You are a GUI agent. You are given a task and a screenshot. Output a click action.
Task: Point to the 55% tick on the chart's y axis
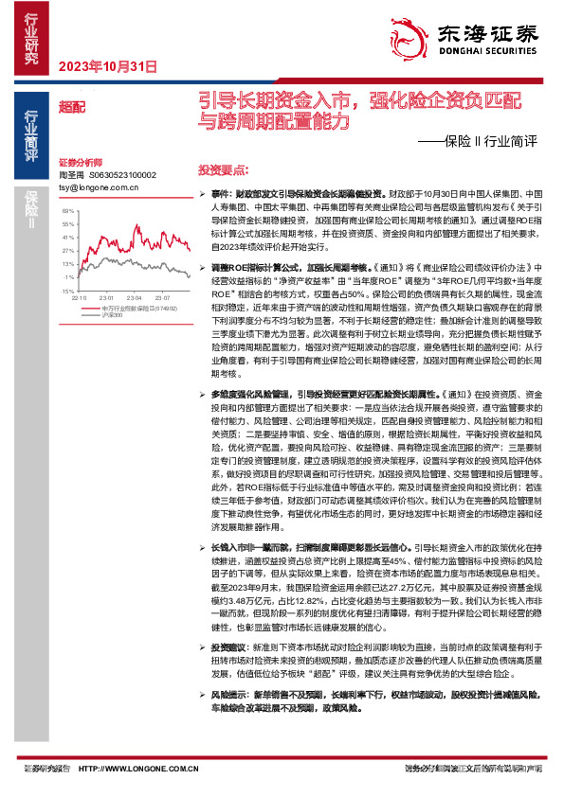click(x=66, y=225)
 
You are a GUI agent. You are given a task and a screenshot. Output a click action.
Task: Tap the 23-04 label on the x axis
click(x=135, y=297)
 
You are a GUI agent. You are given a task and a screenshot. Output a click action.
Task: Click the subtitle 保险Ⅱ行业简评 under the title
click(x=479, y=143)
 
